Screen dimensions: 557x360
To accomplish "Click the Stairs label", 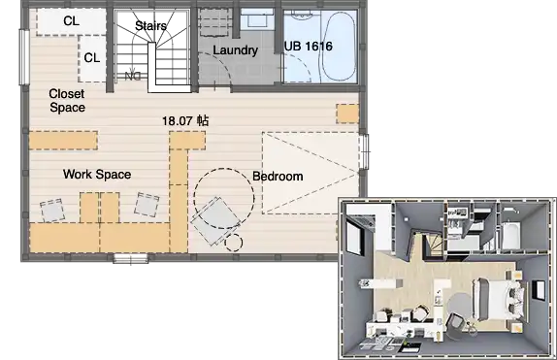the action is (x=150, y=25).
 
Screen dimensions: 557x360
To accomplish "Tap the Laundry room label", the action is (x=235, y=50).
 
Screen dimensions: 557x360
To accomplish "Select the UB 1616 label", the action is (x=309, y=47).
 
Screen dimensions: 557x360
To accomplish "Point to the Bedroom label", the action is (x=278, y=177).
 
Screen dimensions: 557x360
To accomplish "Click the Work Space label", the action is (x=97, y=174).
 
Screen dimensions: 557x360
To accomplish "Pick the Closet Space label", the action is (x=67, y=101).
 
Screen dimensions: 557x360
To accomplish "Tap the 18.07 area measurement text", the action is (x=185, y=121).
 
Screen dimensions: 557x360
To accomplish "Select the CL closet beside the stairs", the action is (x=92, y=58).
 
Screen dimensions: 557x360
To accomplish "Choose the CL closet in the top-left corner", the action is (x=71, y=21).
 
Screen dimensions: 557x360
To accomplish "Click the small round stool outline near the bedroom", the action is (x=234, y=243).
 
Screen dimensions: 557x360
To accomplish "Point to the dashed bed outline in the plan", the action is (x=311, y=173).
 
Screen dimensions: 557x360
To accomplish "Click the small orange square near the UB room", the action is (x=347, y=114).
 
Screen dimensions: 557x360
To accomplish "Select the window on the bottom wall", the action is (x=131, y=258).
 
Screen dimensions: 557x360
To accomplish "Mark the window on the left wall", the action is (x=24, y=57).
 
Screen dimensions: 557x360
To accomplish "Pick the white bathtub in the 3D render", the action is (x=511, y=235).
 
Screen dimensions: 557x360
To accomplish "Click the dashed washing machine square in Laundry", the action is (x=213, y=22).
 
